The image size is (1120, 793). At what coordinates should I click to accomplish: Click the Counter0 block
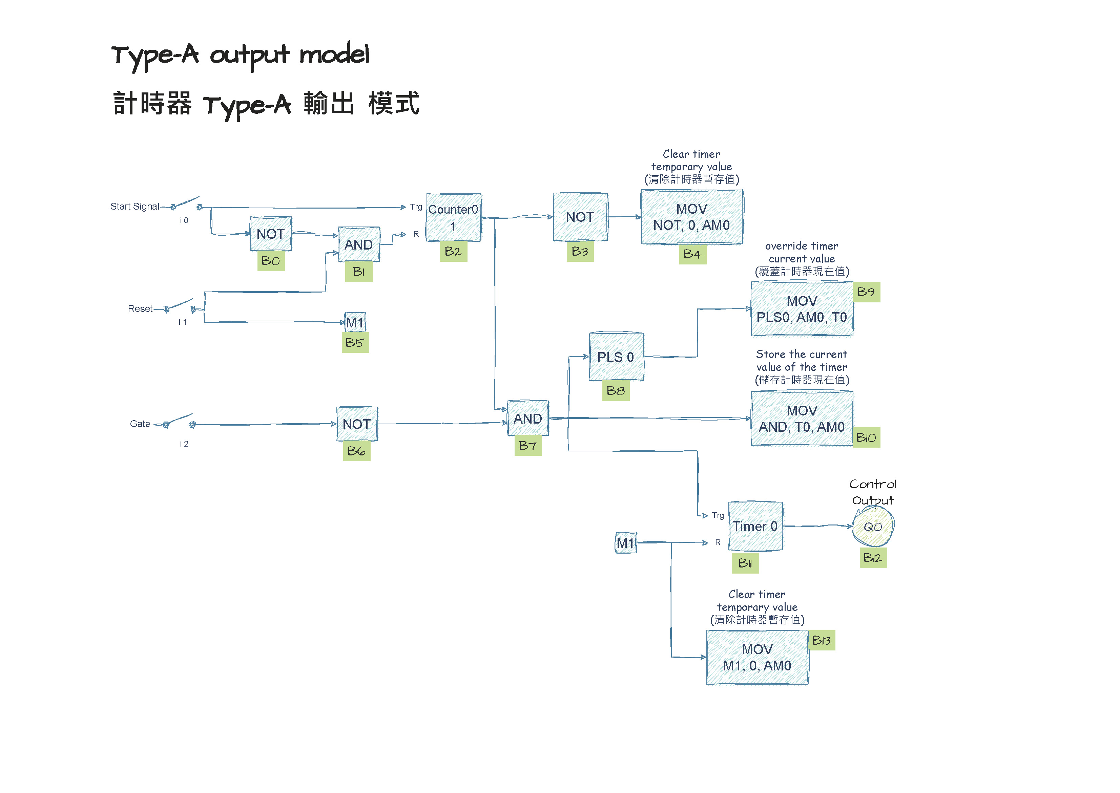453,217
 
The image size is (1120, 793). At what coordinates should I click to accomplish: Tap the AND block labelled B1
358,244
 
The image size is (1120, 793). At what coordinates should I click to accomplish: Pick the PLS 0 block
616,357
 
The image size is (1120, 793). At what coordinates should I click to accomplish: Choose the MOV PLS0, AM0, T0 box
802,309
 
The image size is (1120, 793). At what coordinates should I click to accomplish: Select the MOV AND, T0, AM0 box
802,419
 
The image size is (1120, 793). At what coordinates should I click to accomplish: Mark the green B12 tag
872,558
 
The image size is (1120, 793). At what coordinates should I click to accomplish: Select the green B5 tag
355,343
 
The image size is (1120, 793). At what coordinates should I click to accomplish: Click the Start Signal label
134,207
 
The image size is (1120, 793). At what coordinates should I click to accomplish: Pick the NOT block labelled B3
580,217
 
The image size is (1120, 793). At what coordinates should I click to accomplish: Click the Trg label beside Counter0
416,207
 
